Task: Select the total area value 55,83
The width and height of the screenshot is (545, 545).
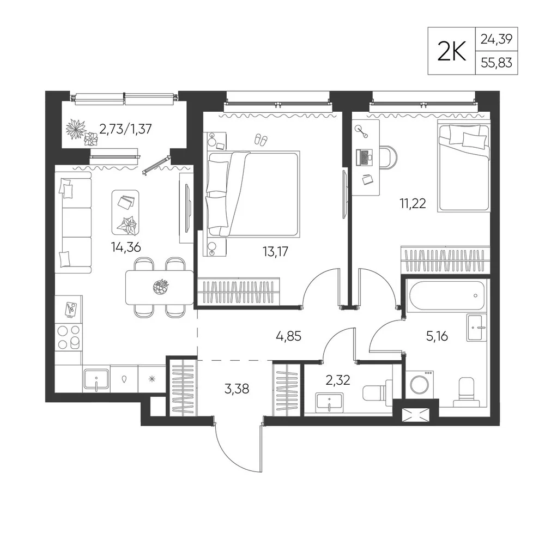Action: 496,63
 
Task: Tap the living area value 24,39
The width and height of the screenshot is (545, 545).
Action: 496,39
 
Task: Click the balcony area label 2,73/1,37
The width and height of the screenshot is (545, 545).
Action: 125,129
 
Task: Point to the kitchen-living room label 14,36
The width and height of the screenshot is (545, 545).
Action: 126,247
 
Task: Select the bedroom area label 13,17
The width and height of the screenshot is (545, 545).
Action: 275,251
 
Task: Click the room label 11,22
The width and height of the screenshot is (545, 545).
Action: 413,203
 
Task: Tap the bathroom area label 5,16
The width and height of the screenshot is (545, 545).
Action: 437,336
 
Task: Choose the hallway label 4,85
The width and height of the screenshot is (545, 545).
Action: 288,336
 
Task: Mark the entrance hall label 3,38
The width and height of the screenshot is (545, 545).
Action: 237,389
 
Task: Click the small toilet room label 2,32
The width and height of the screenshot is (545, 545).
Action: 338,380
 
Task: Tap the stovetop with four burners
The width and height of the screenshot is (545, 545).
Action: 69,337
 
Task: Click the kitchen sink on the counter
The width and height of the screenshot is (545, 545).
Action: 96,379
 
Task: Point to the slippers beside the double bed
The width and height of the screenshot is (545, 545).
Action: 261,140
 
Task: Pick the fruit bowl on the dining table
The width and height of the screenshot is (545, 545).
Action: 161,287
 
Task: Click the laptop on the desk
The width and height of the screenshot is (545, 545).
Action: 364,157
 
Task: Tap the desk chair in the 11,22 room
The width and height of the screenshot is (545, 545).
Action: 389,157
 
